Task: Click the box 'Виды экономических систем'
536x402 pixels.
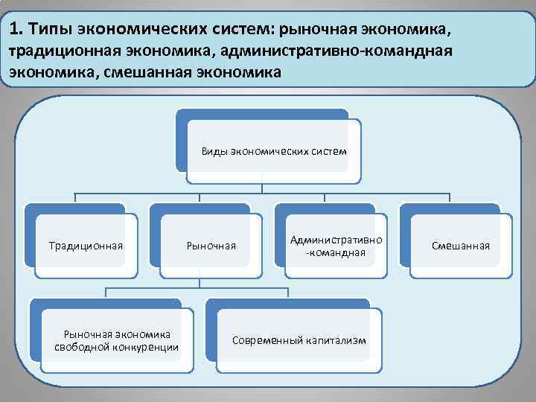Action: click(273, 152)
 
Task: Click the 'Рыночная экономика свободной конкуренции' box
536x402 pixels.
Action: click(116, 340)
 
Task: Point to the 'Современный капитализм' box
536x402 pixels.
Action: click(299, 340)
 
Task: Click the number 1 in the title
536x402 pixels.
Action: click(16, 29)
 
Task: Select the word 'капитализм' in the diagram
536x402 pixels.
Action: click(336, 340)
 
